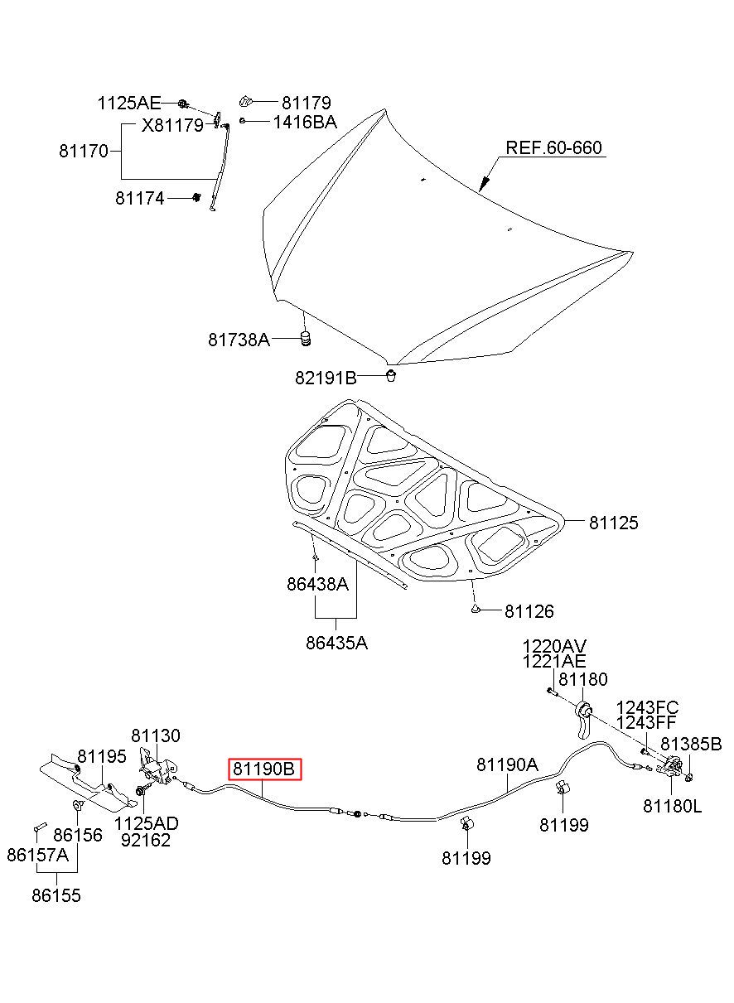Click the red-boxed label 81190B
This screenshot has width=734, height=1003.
tap(264, 769)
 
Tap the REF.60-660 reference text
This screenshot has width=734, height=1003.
tap(553, 147)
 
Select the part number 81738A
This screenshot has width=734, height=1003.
tap(239, 340)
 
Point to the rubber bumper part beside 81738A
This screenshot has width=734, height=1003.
tap(305, 339)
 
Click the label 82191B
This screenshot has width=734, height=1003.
tap(326, 379)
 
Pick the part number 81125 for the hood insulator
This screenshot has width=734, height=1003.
tap(613, 523)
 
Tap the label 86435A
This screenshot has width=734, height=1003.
tap(336, 643)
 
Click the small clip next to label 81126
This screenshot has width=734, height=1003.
tap(476, 609)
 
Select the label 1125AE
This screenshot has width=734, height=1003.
tap(129, 104)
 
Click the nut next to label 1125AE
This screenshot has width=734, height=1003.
tap(182, 104)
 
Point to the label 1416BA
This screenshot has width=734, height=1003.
tap(305, 123)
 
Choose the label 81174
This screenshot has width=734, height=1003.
tap(140, 198)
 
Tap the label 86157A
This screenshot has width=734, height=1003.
tap(37, 855)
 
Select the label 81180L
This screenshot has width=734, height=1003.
tap(672, 807)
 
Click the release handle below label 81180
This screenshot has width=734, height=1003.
tap(583, 721)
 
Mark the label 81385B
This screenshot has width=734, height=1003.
tap(691, 744)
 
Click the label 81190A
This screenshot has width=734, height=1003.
tap(507, 764)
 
